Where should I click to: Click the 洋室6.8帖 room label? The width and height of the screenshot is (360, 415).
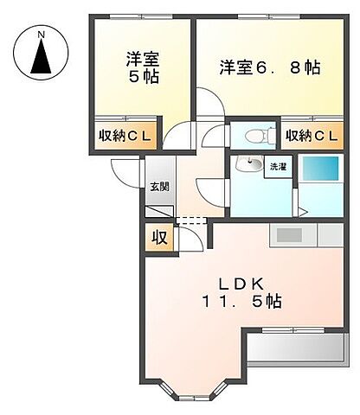(269, 66)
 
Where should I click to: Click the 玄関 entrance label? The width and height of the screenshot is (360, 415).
(157, 187)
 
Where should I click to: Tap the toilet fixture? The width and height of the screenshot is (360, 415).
(257, 135)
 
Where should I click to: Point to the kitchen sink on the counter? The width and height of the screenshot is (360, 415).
(289, 234)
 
